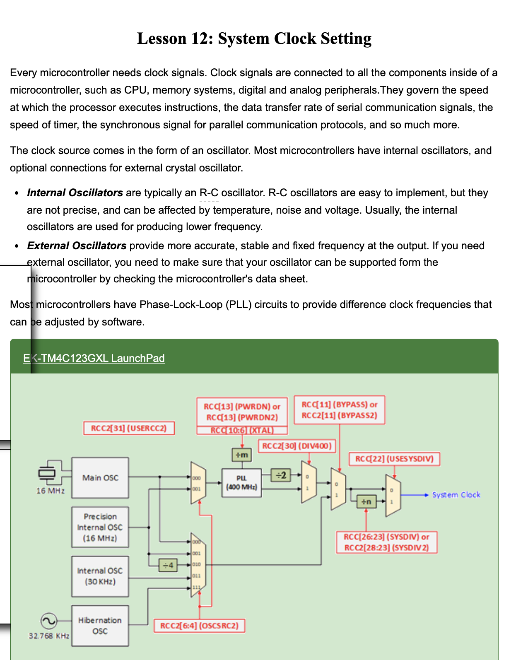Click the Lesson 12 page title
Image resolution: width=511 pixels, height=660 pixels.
click(x=254, y=39)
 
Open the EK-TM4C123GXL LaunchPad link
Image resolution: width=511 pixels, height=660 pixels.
click(x=94, y=358)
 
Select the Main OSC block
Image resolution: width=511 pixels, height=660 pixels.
click(x=100, y=478)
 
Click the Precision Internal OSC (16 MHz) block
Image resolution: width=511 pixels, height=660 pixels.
click(x=100, y=527)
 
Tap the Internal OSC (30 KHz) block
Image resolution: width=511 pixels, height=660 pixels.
click(x=100, y=576)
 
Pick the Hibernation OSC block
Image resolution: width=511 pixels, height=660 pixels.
click(x=100, y=626)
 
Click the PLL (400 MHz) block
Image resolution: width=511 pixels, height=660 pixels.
click(x=241, y=483)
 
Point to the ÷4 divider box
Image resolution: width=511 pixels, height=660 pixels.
click(x=168, y=565)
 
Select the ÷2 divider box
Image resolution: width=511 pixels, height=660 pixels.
click(x=281, y=475)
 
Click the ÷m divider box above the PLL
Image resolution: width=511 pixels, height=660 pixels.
click(x=241, y=455)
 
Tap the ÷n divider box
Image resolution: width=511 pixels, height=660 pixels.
click(x=366, y=502)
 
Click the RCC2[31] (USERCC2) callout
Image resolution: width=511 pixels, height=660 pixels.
click(x=129, y=428)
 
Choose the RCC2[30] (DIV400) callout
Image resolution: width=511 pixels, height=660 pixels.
click(x=297, y=446)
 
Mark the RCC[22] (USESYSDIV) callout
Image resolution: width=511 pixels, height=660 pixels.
click(x=394, y=459)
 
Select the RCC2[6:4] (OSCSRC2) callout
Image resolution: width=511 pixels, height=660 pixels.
click(x=199, y=626)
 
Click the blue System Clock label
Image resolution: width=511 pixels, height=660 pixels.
click(x=456, y=495)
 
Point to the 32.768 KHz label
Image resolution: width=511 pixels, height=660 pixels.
click(x=49, y=636)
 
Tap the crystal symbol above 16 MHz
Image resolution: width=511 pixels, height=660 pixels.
click(x=47, y=472)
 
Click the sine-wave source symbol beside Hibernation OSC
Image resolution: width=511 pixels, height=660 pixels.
click(x=48, y=621)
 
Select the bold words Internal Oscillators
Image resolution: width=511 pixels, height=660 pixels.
click(x=75, y=193)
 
